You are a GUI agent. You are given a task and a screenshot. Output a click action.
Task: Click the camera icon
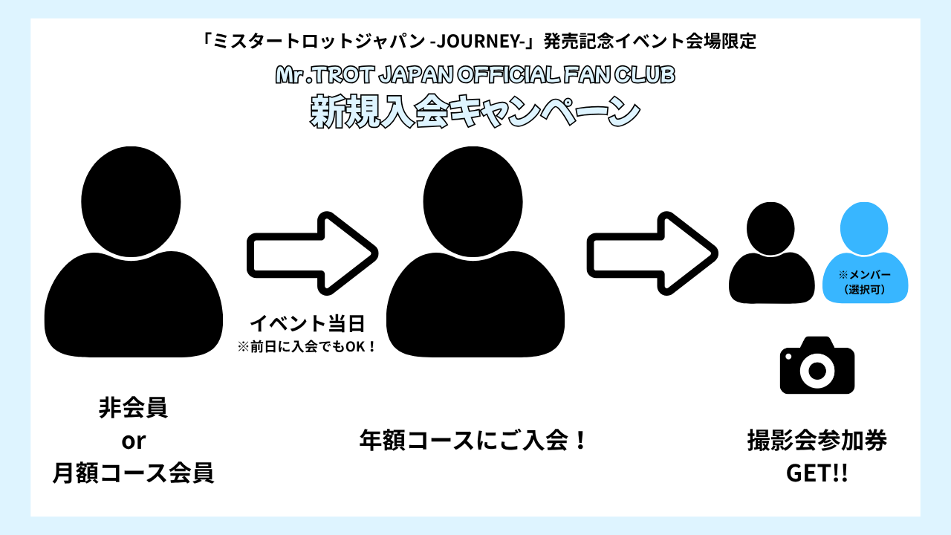click(817, 366)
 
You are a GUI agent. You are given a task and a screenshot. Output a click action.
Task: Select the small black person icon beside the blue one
click(771, 253)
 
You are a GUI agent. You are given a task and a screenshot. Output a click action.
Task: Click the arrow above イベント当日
click(312, 252)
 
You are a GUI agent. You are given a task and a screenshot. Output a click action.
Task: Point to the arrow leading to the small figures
click(652, 252)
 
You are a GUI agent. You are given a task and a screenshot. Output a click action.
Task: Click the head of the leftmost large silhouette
click(131, 196)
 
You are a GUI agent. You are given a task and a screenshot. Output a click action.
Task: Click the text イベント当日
click(308, 324)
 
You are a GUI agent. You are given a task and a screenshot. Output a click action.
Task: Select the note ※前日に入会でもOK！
click(307, 346)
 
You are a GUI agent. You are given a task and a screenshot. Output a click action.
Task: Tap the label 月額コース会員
click(133, 473)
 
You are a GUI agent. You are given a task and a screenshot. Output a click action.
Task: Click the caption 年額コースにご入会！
click(474, 440)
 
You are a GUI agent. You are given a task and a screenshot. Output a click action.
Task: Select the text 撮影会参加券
click(817, 441)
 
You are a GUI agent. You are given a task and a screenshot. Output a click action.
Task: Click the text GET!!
click(817, 473)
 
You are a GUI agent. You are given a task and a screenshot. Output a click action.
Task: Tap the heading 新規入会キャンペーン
click(475, 111)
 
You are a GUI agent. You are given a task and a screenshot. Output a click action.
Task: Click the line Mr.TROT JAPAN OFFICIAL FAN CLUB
click(475, 76)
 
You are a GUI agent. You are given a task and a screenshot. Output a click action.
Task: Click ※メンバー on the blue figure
click(864, 275)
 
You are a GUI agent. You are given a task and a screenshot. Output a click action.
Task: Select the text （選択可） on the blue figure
click(864, 289)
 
